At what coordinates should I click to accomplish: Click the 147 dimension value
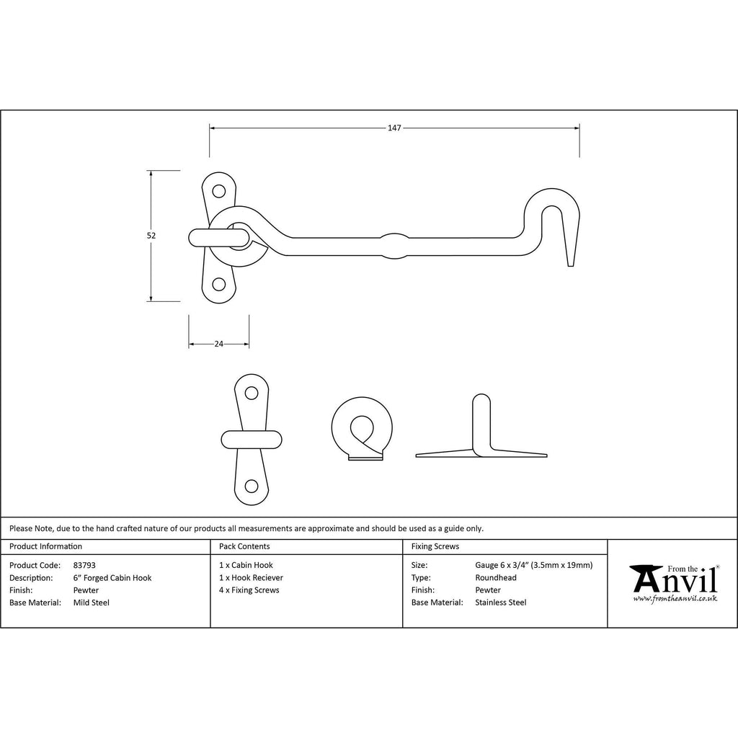pos(394,128)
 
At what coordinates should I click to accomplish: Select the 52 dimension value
pos(151,236)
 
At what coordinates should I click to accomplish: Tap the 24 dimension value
pos(219,344)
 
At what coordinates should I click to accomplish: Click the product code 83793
pos(84,565)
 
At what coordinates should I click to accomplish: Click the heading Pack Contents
pos(244,546)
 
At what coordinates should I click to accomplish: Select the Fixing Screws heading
pos(435,546)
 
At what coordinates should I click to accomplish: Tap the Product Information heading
pos(45,546)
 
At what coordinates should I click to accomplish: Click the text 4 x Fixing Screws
pos(249,590)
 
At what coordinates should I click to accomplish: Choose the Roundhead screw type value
pos(496,577)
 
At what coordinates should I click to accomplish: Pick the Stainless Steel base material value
pos(501,603)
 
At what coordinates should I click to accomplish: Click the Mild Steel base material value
pos(92,603)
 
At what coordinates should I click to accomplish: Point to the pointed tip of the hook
pos(571,266)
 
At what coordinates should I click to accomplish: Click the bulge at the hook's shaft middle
pos(394,246)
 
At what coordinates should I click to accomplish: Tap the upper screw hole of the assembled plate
pos(218,191)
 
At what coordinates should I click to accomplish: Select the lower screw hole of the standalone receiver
pos(252,486)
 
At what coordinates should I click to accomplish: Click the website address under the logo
pos(675,599)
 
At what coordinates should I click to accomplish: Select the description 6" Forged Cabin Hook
pos(112,578)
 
